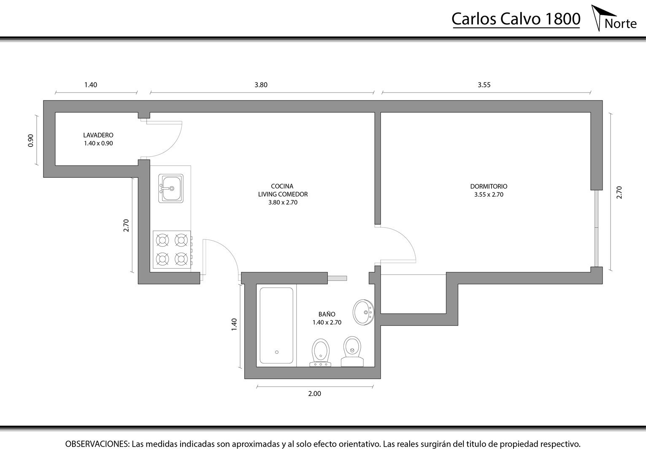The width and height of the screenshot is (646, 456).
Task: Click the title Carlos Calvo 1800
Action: point(516,19)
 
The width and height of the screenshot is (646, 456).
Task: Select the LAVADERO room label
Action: point(98,135)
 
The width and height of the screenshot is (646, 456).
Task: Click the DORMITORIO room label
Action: point(489,187)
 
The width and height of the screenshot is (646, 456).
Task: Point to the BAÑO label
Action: point(327,314)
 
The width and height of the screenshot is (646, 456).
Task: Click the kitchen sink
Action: point(171,188)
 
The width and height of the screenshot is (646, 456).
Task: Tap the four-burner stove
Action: point(172,250)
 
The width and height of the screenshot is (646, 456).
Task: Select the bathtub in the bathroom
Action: point(276,326)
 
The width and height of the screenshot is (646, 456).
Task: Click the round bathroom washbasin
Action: point(363,312)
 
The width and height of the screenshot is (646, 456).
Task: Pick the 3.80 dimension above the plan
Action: point(261,85)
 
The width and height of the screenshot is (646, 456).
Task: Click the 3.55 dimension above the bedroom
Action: point(484,85)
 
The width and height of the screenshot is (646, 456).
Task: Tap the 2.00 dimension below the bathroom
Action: point(315,394)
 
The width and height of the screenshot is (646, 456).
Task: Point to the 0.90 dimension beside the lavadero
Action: point(31,141)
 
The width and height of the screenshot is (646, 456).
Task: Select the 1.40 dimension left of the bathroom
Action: point(234,324)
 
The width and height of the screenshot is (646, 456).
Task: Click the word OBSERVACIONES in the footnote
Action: point(97,444)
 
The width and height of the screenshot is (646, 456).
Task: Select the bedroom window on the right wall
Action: point(596,228)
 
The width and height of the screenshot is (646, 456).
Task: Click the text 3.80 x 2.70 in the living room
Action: point(283,202)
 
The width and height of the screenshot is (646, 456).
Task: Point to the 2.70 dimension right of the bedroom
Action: point(619,192)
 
